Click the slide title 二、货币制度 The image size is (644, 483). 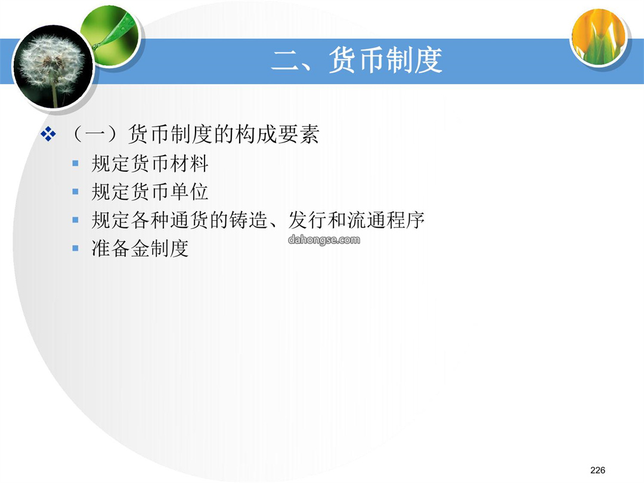[357, 60]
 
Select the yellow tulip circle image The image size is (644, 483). [599, 37]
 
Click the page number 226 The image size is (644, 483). [597, 470]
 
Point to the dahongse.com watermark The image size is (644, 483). [324, 240]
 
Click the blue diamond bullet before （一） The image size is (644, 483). [48, 134]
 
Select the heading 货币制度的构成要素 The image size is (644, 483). [224, 134]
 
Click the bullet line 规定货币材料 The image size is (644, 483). [150, 163]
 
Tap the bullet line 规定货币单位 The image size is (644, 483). [150, 192]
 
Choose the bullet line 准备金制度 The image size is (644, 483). [140, 249]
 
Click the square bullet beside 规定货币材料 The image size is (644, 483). [75, 163]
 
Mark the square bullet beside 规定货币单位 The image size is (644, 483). [75, 192]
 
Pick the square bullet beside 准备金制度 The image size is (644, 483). [75, 249]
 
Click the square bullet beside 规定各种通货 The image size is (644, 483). [75, 220]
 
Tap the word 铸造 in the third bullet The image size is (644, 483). [248, 220]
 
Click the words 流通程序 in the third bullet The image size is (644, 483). [386, 220]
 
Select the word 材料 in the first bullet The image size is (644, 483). [189, 163]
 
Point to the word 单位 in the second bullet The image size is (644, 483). [189, 192]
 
